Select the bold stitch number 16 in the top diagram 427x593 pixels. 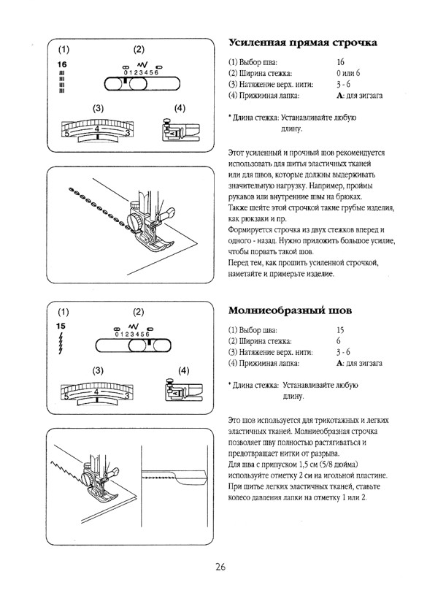62,66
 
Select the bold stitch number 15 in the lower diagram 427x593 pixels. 61,325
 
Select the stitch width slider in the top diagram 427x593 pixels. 136,83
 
